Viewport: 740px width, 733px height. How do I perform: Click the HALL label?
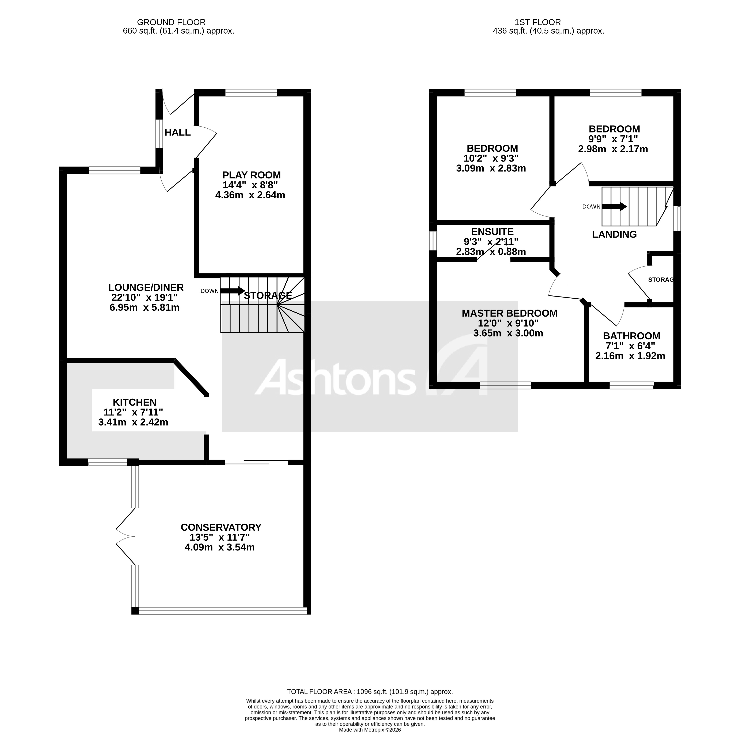(177, 132)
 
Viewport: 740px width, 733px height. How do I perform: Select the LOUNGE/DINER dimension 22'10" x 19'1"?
(144, 298)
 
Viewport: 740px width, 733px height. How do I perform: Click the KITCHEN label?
(135, 403)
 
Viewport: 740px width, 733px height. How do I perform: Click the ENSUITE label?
(492, 232)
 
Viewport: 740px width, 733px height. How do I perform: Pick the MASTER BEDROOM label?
(509, 313)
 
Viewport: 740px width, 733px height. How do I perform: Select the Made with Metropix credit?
(370, 730)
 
